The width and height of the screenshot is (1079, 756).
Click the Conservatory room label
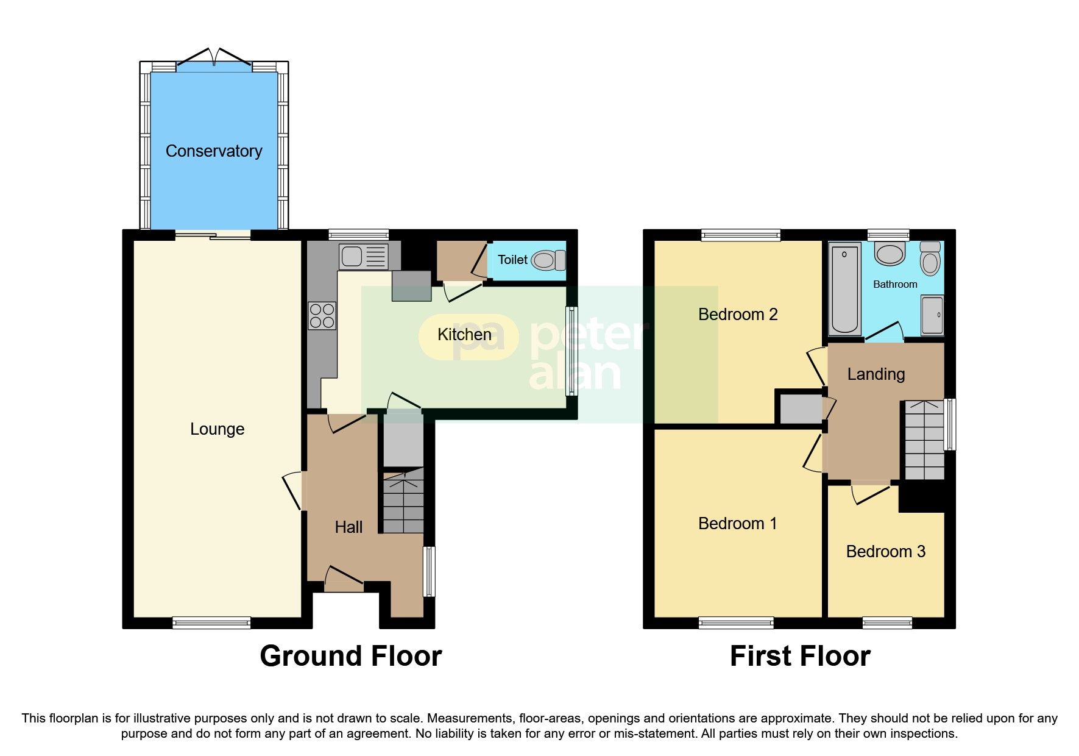[214, 151]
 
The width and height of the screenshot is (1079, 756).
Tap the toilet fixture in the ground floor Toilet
[548, 260]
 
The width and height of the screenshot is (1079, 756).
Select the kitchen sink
[363, 256]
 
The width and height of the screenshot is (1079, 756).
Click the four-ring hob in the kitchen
[322, 315]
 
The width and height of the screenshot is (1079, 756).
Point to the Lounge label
[217, 429]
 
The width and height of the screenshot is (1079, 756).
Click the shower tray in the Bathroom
[932, 315]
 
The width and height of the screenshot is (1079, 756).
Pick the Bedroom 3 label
[885, 551]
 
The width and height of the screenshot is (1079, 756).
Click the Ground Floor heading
[350, 656]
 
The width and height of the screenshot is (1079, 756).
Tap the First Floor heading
[799, 656]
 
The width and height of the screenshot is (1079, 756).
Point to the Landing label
[876, 374]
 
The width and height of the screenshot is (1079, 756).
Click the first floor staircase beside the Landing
[924, 440]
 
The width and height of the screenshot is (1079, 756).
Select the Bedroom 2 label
[737, 314]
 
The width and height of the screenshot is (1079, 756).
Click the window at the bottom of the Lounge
[211, 622]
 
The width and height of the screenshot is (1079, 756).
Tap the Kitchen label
[464, 334]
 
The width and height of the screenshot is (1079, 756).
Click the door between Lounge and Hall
[293, 491]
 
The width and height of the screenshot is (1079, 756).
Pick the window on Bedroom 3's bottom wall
[887, 622]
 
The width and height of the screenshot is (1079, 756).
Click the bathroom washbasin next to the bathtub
[890, 253]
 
